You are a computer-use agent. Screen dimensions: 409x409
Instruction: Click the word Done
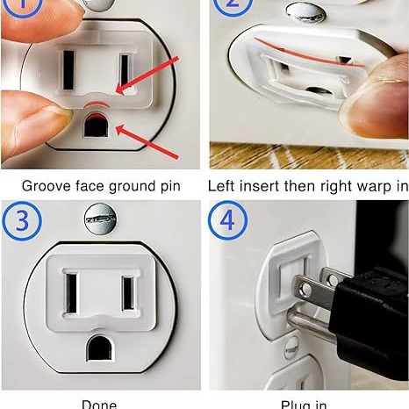pyautogui.click(x=99, y=403)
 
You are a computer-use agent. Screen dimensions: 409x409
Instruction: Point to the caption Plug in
pyautogui.click(x=305, y=403)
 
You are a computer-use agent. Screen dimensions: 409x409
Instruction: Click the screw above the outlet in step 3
pyautogui.click(x=99, y=218)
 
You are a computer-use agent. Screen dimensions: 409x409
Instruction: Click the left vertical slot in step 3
pyautogui.click(x=71, y=294)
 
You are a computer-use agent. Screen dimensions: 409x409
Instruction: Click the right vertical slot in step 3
pyautogui.click(x=128, y=293)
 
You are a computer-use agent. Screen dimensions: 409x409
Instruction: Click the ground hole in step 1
pyautogui.click(x=94, y=128)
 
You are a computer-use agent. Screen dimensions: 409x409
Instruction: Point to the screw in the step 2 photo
pyautogui.click(x=304, y=11)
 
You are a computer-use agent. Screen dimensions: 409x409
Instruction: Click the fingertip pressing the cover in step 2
pyautogui.click(x=377, y=97)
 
